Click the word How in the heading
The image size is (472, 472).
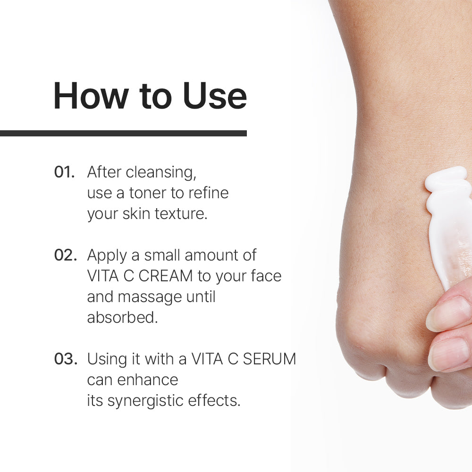91,96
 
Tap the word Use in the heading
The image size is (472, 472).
215,96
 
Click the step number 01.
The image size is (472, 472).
64,172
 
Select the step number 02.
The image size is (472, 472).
65,255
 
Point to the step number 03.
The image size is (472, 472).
66,359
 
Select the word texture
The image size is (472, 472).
181,214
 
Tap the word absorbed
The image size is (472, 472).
123,317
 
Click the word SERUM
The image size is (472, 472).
270,359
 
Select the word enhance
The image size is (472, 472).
147,380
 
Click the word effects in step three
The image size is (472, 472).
214,401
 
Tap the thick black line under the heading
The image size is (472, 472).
123,134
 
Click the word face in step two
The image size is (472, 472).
266,276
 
